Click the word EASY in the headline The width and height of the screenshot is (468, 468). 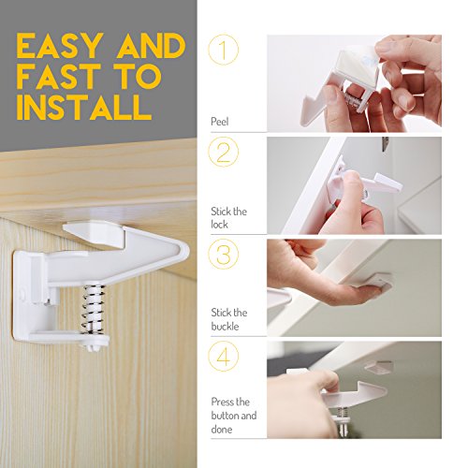60,46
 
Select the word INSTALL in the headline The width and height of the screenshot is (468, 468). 84,107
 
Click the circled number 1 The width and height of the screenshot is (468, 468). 224,50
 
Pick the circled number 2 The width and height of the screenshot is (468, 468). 224,152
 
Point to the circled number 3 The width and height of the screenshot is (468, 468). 224,254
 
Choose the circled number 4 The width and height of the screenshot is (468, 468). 224,357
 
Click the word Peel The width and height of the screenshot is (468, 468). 220,122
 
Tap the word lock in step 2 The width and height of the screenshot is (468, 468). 219,224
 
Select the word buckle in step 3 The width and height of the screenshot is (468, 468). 225,327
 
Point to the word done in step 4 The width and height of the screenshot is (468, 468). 222,429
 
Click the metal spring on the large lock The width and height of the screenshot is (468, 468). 94,308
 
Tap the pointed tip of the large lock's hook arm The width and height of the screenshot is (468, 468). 188,249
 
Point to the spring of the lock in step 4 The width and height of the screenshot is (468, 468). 343,414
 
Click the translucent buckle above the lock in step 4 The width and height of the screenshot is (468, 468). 378,367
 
